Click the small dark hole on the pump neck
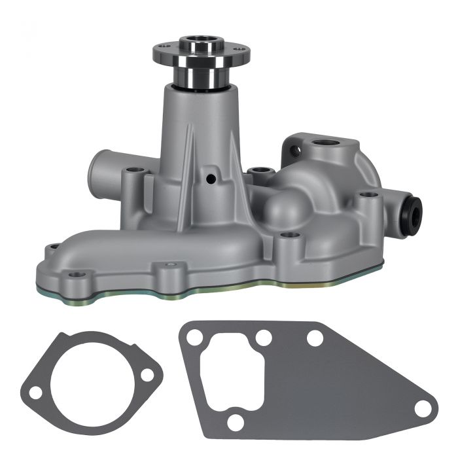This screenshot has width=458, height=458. coord(211,177)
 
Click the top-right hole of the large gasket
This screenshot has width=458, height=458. coord(315,338)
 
